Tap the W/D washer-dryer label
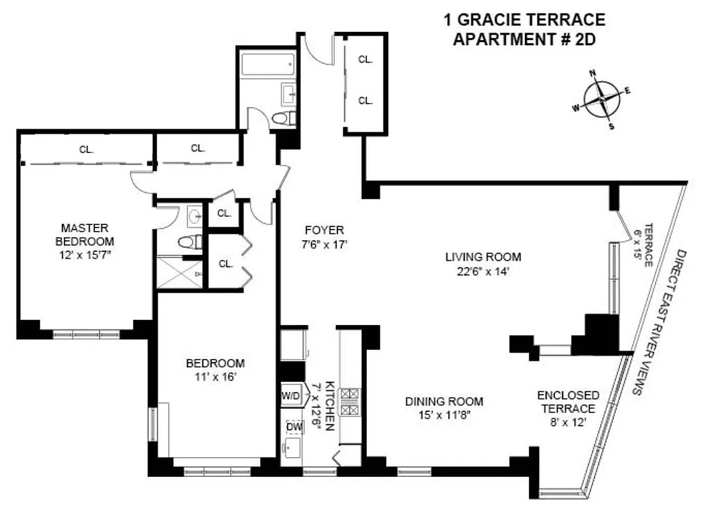290,395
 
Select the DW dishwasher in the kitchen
294,426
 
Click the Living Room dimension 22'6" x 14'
483,270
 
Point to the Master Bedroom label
84,235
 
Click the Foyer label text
323,230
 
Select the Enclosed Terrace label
568,402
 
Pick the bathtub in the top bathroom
267,64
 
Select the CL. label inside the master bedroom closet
86,150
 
